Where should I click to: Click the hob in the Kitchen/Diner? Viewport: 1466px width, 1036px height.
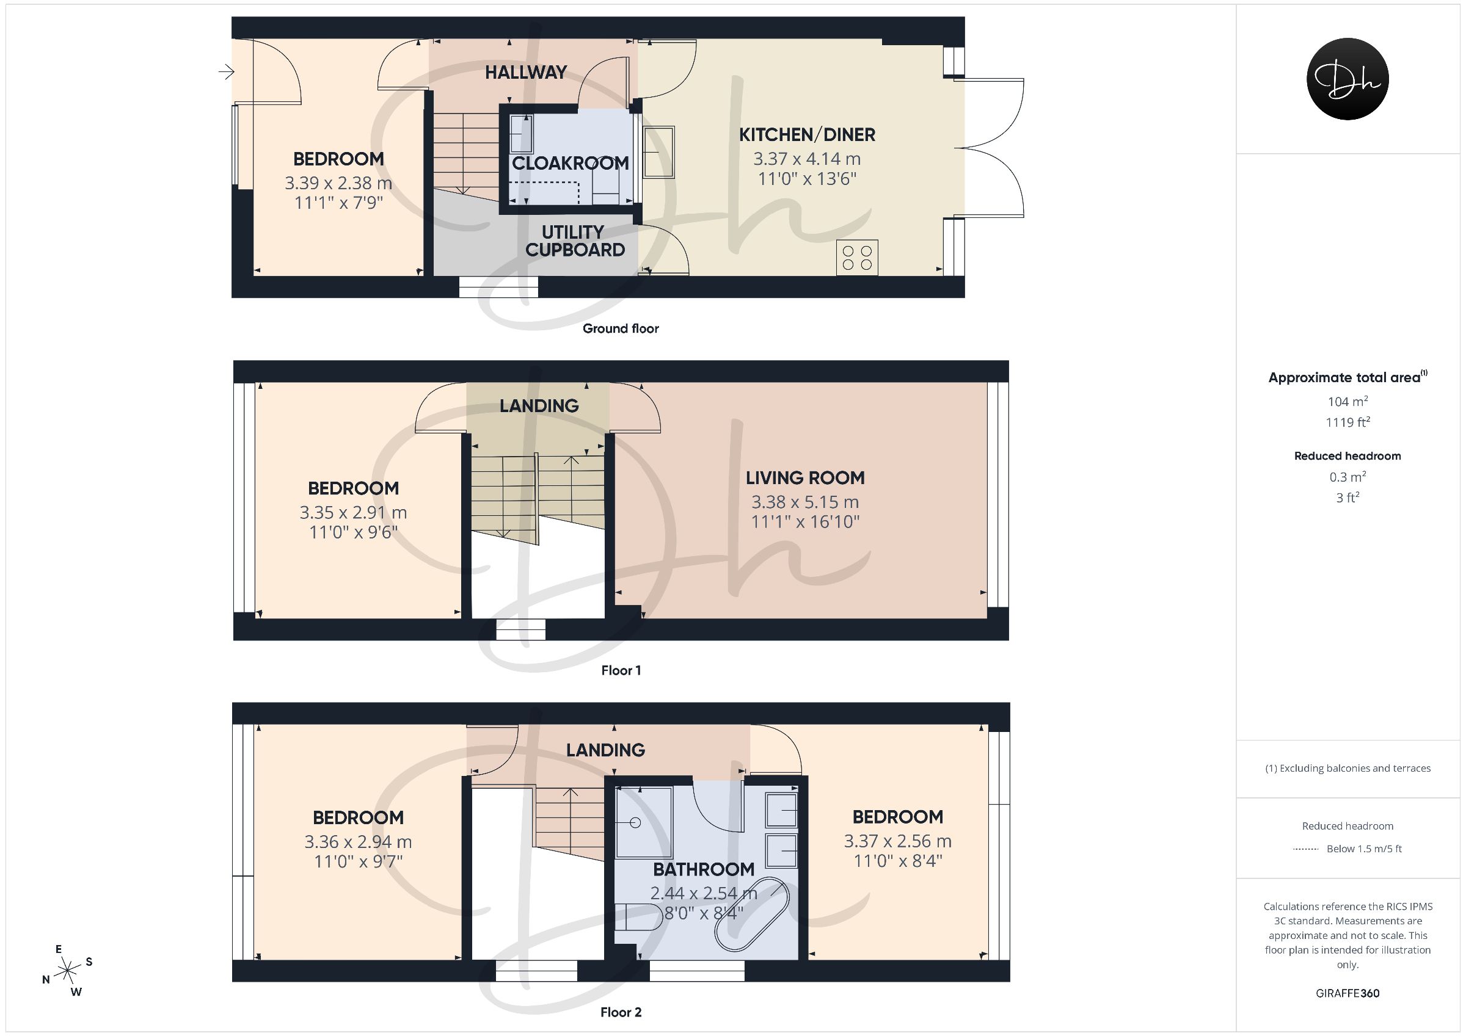tap(857, 258)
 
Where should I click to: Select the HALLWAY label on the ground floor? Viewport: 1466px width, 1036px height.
tap(525, 73)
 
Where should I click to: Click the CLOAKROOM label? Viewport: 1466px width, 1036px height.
tap(570, 164)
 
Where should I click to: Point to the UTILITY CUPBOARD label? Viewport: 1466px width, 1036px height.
tap(575, 241)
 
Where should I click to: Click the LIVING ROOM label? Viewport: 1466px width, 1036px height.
tap(805, 478)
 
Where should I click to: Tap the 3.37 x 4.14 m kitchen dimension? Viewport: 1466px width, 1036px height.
tap(806, 159)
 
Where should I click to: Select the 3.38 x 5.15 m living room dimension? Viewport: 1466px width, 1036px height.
tap(805, 502)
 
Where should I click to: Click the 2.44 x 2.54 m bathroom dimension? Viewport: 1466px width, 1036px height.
tap(704, 894)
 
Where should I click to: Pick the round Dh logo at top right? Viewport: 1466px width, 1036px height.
tap(1347, 79)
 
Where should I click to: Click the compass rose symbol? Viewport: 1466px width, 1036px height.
tap(67, 971)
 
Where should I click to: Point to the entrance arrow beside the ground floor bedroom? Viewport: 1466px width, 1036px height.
tap(226, 72)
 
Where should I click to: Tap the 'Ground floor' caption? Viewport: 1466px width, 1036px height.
tap(621, 328)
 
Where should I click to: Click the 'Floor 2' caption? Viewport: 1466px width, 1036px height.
tap(621, 1012)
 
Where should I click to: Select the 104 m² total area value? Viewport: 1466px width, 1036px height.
tap(1347, 402)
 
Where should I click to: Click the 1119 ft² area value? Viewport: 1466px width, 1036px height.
tap(1347, 422)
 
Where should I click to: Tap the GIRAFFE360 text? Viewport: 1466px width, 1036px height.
tap(1347, 993)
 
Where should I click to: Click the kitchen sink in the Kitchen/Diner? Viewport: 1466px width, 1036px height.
tap(658, 152)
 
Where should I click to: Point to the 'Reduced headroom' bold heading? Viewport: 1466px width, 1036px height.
tap(1347, 456)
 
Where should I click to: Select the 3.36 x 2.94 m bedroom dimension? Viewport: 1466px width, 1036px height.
tap(357, 842)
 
